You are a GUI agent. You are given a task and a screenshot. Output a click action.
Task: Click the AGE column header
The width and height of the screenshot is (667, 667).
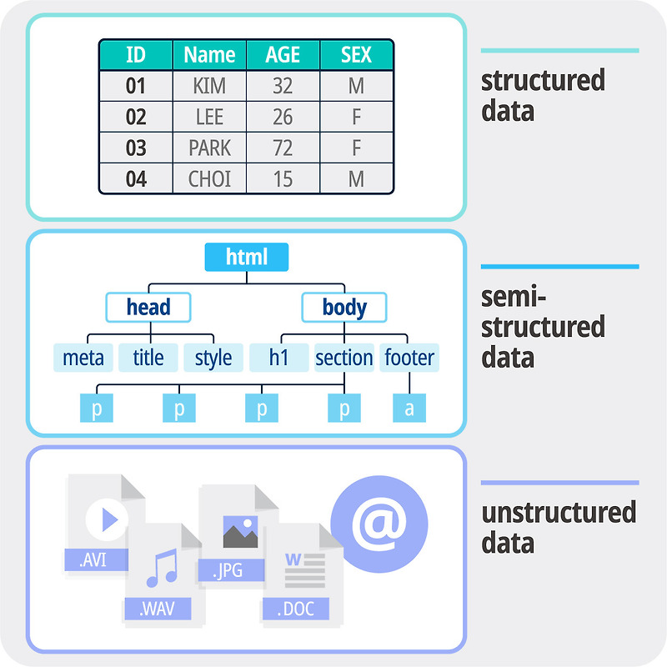(x=283, y=55)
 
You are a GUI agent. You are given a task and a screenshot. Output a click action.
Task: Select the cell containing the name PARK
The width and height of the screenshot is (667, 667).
(x=209, y=148)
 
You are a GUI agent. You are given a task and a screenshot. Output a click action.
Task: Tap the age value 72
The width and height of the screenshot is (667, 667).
(x=283, y=148)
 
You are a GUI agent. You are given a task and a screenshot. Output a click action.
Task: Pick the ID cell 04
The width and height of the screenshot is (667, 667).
(x=136, y=179)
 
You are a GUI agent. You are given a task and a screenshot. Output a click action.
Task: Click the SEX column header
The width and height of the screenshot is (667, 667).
(x=356, y=55)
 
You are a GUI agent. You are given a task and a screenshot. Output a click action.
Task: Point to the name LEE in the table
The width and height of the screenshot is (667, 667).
(x=209, y=118)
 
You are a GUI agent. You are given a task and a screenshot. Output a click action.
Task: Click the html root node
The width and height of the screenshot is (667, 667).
(x=247, y=257)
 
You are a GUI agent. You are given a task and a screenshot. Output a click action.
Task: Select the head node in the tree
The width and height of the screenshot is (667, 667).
(x=148, y=307)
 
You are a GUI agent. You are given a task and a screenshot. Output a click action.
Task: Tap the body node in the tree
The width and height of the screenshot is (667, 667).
(x=344, y=307)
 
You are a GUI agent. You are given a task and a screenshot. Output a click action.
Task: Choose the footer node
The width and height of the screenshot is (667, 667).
(x=409, y=358)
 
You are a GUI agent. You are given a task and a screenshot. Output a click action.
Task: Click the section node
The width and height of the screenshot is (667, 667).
(x=344, y=358)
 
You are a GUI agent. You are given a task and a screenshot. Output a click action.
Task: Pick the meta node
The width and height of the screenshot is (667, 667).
(x=83, y=358)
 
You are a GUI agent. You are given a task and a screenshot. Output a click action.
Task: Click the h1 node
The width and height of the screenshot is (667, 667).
(x=278, y=358)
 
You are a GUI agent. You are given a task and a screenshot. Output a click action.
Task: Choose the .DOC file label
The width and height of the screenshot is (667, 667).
(x=295, y=609)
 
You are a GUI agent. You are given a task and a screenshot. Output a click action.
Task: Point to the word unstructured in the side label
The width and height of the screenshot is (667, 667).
(x=559, y=512)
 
